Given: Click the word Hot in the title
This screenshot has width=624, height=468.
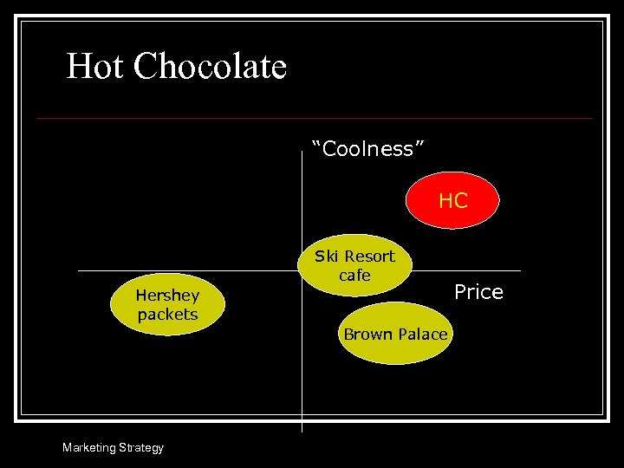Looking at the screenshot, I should tap(95, 67).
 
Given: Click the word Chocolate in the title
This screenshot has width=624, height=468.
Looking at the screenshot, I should tap(211, 67).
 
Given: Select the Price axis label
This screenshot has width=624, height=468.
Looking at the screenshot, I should tap(478, 292).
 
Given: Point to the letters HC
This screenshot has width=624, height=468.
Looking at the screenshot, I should tap(453, 201).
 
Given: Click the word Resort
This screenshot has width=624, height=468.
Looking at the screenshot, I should tap(369, 257).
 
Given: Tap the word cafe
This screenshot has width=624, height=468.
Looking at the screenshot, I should tap(354, 276).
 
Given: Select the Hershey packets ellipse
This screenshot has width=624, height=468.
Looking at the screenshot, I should tap(167, 305).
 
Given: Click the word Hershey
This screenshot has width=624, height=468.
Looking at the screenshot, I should tap(167, 296).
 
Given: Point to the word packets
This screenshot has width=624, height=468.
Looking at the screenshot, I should tap(167, 315).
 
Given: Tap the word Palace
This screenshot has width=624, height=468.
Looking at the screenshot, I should tap(421, 335).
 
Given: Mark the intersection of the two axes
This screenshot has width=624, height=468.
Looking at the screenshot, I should tap(302, 270).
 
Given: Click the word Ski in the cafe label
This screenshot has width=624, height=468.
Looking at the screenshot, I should tap(326, 257).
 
